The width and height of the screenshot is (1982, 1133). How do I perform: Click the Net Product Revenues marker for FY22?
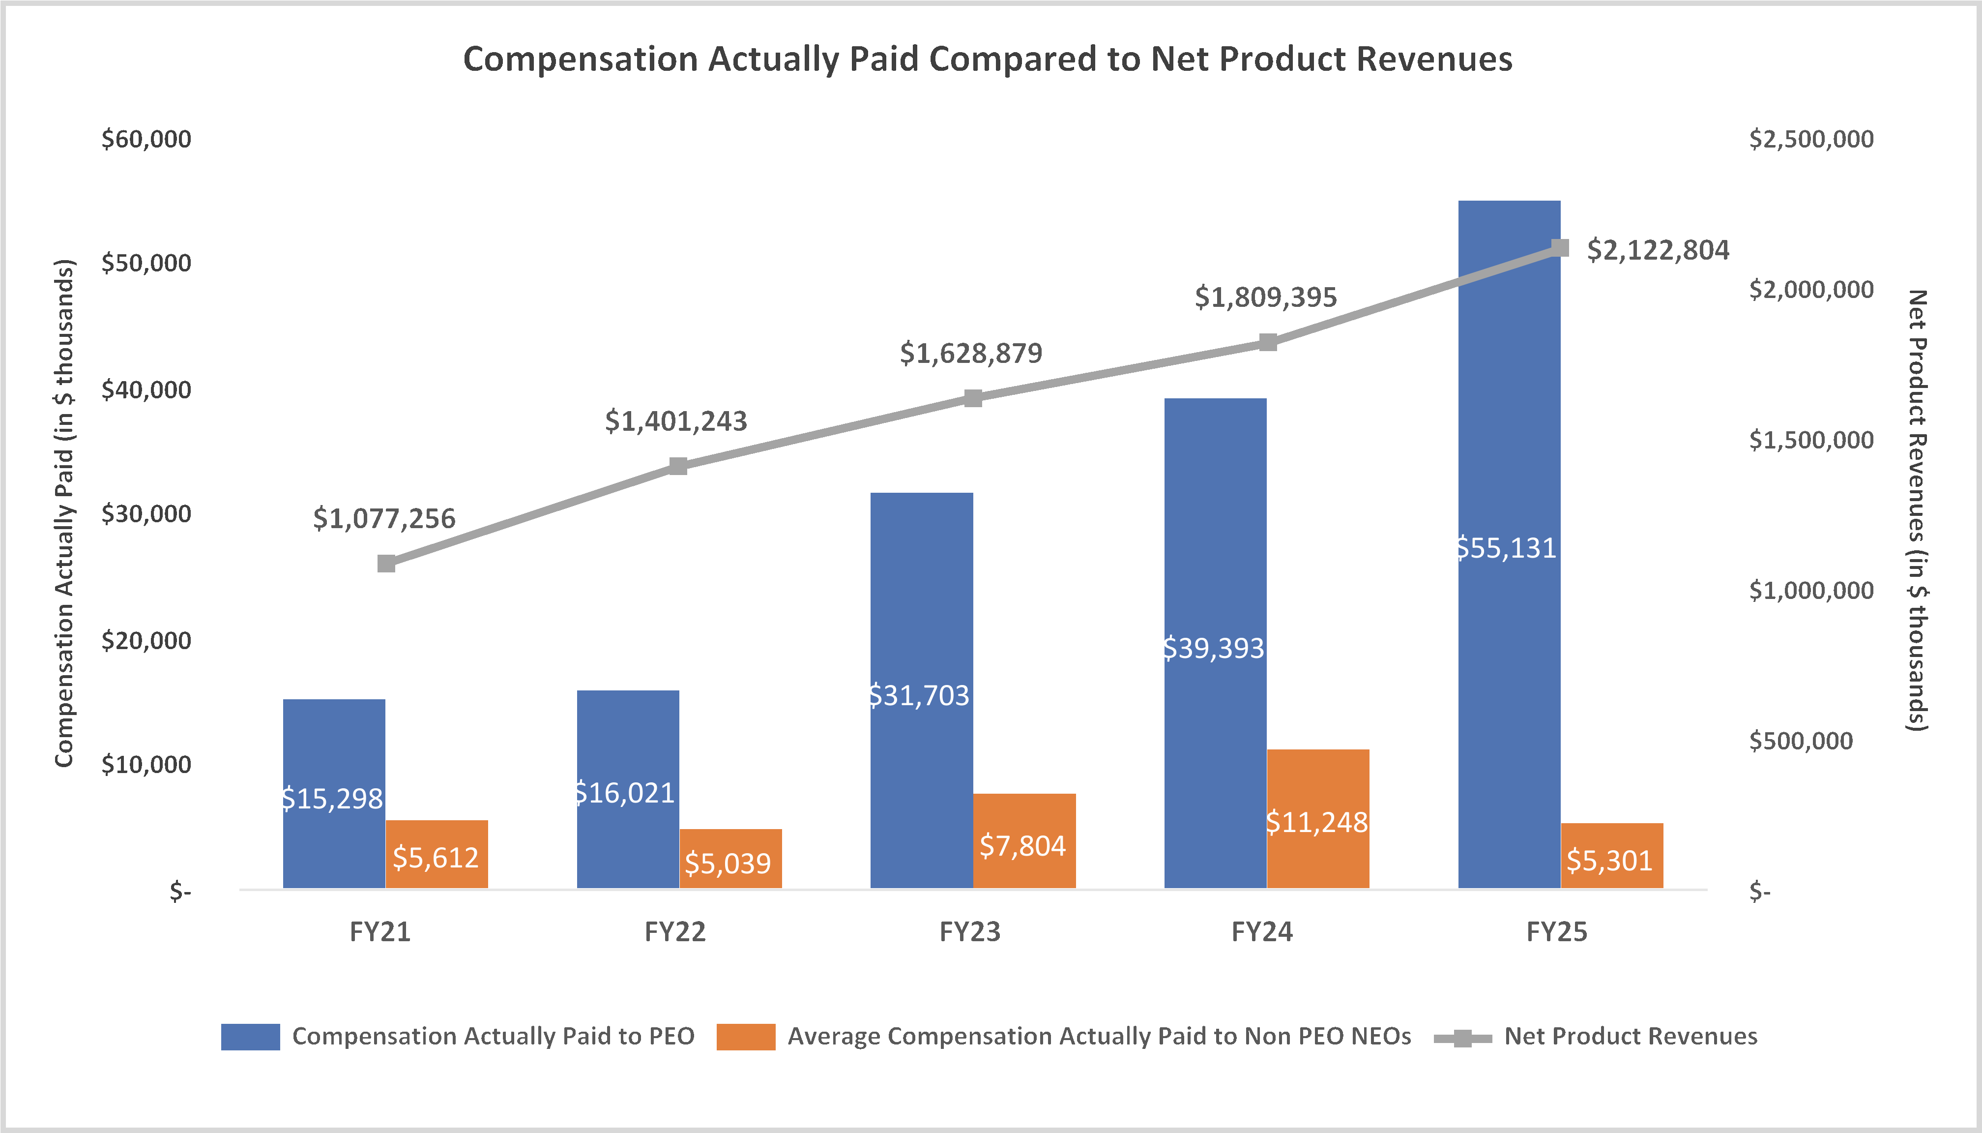pyautogui.click(x=678, y=466)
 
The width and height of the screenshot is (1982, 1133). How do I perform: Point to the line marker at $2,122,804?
pyautogui.click(x=1560, y=248)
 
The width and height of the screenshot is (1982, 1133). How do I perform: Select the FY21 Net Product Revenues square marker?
pyautogui.click(x=386, y=564)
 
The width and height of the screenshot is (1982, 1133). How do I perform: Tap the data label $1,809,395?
pyautogui.click(x=1266, y=297)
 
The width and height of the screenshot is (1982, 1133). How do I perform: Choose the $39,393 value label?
pyautogui.click(x=1214, y=648)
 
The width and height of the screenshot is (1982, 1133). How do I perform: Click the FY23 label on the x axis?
pyautogui.click(x=969, y=931)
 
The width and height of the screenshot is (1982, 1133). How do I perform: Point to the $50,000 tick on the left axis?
pyautogui.click(x=146, y=263)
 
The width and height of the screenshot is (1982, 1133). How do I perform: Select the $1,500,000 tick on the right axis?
pyautogui.click(x=1811, y=441)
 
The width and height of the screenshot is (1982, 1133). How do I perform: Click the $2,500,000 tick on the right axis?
pyautogui.click(x=1811, y=139)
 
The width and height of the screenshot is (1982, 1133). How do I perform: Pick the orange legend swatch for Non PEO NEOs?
pyautogui.click(x=745, y=1037)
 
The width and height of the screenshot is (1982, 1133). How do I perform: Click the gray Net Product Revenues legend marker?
pyautogui.click(x=1462, y=1038)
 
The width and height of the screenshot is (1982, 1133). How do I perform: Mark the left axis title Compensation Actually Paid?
pyautogui.click(x=64, y=513)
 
